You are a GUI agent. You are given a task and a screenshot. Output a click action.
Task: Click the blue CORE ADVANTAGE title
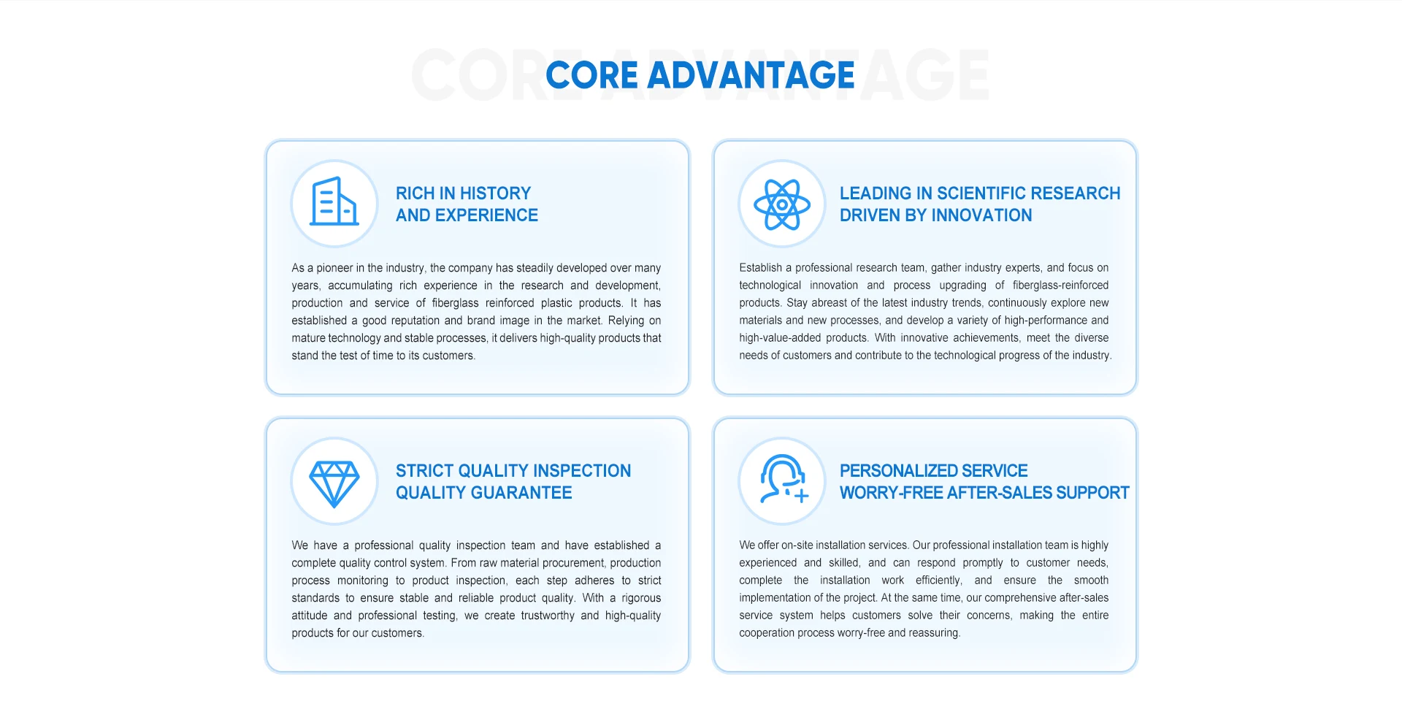coord(700,75)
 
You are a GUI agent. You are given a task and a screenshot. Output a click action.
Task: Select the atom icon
coord(782,204)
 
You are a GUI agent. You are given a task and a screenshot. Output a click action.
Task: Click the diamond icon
coord(334,484)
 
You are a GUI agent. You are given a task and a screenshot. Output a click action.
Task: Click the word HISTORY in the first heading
coord(495,193)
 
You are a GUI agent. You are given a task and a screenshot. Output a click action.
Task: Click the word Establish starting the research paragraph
coord(760,268)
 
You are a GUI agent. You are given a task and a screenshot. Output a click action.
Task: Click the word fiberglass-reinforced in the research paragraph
coord(1060,285)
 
